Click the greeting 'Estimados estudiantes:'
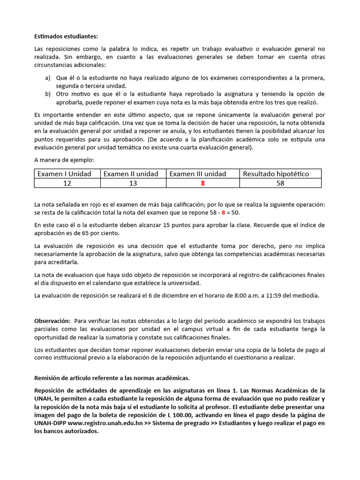(66, 37)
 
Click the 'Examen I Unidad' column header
(64, 174)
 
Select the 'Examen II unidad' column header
(131, 174)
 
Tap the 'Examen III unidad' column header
(197, 174)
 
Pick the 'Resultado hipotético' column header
(276, 174)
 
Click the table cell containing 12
(67, 183)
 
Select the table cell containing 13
(133, 183)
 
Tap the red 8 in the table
(202, 183)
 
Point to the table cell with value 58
(280, 183)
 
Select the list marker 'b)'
(48, 94)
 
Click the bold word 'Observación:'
(52, 321)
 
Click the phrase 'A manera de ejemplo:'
(64, 160)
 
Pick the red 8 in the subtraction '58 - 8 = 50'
(224, 213)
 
